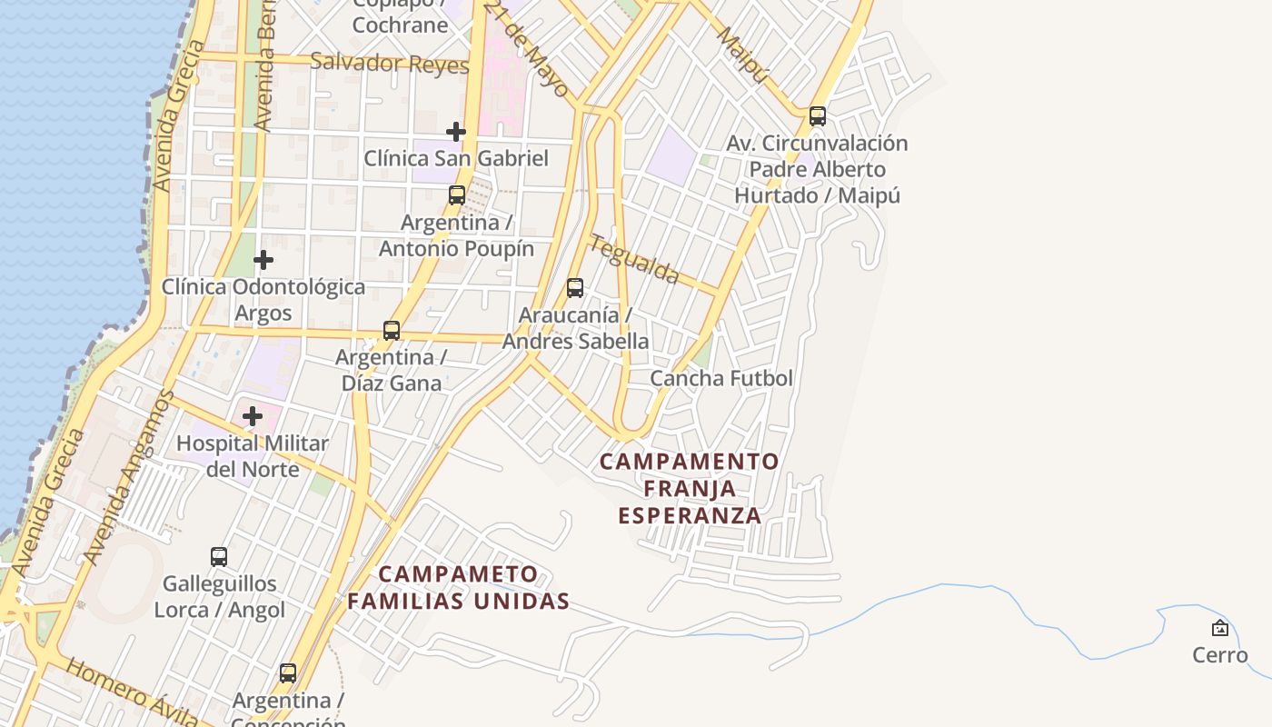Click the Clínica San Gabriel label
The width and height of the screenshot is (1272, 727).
pos(456,158)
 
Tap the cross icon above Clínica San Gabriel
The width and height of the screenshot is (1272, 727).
pos(456,132)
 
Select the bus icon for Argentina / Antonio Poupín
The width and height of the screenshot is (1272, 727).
pos(457,195)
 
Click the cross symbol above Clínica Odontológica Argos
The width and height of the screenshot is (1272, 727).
pos(263,260)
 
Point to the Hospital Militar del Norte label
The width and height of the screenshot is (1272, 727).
pos(253,456)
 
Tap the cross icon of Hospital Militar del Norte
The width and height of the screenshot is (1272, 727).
pos(253,416)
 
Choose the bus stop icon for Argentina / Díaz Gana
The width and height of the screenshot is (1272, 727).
pos(392,331)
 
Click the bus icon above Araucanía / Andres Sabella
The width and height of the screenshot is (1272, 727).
pos(575,288)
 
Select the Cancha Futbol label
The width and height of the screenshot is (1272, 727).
pos(721,378)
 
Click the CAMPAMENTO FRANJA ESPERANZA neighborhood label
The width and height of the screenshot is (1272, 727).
pos(689,488)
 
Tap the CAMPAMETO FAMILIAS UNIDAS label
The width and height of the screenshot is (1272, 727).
pos(459,587)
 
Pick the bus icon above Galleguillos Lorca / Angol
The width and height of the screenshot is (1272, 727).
pos(219,557)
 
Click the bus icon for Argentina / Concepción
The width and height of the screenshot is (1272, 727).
pos(288,673)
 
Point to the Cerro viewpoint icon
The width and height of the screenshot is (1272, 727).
pos(1220,628)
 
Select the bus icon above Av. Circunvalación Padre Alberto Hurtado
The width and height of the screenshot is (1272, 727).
pos(818,116)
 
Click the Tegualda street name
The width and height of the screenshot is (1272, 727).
pos(634,259)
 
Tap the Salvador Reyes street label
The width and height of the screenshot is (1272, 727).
pos(389,63)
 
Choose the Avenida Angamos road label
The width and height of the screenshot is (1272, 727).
pos(127,477)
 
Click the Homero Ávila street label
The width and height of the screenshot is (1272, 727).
pos(132,695)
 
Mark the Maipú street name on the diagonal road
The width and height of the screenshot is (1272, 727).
pos(742,55)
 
